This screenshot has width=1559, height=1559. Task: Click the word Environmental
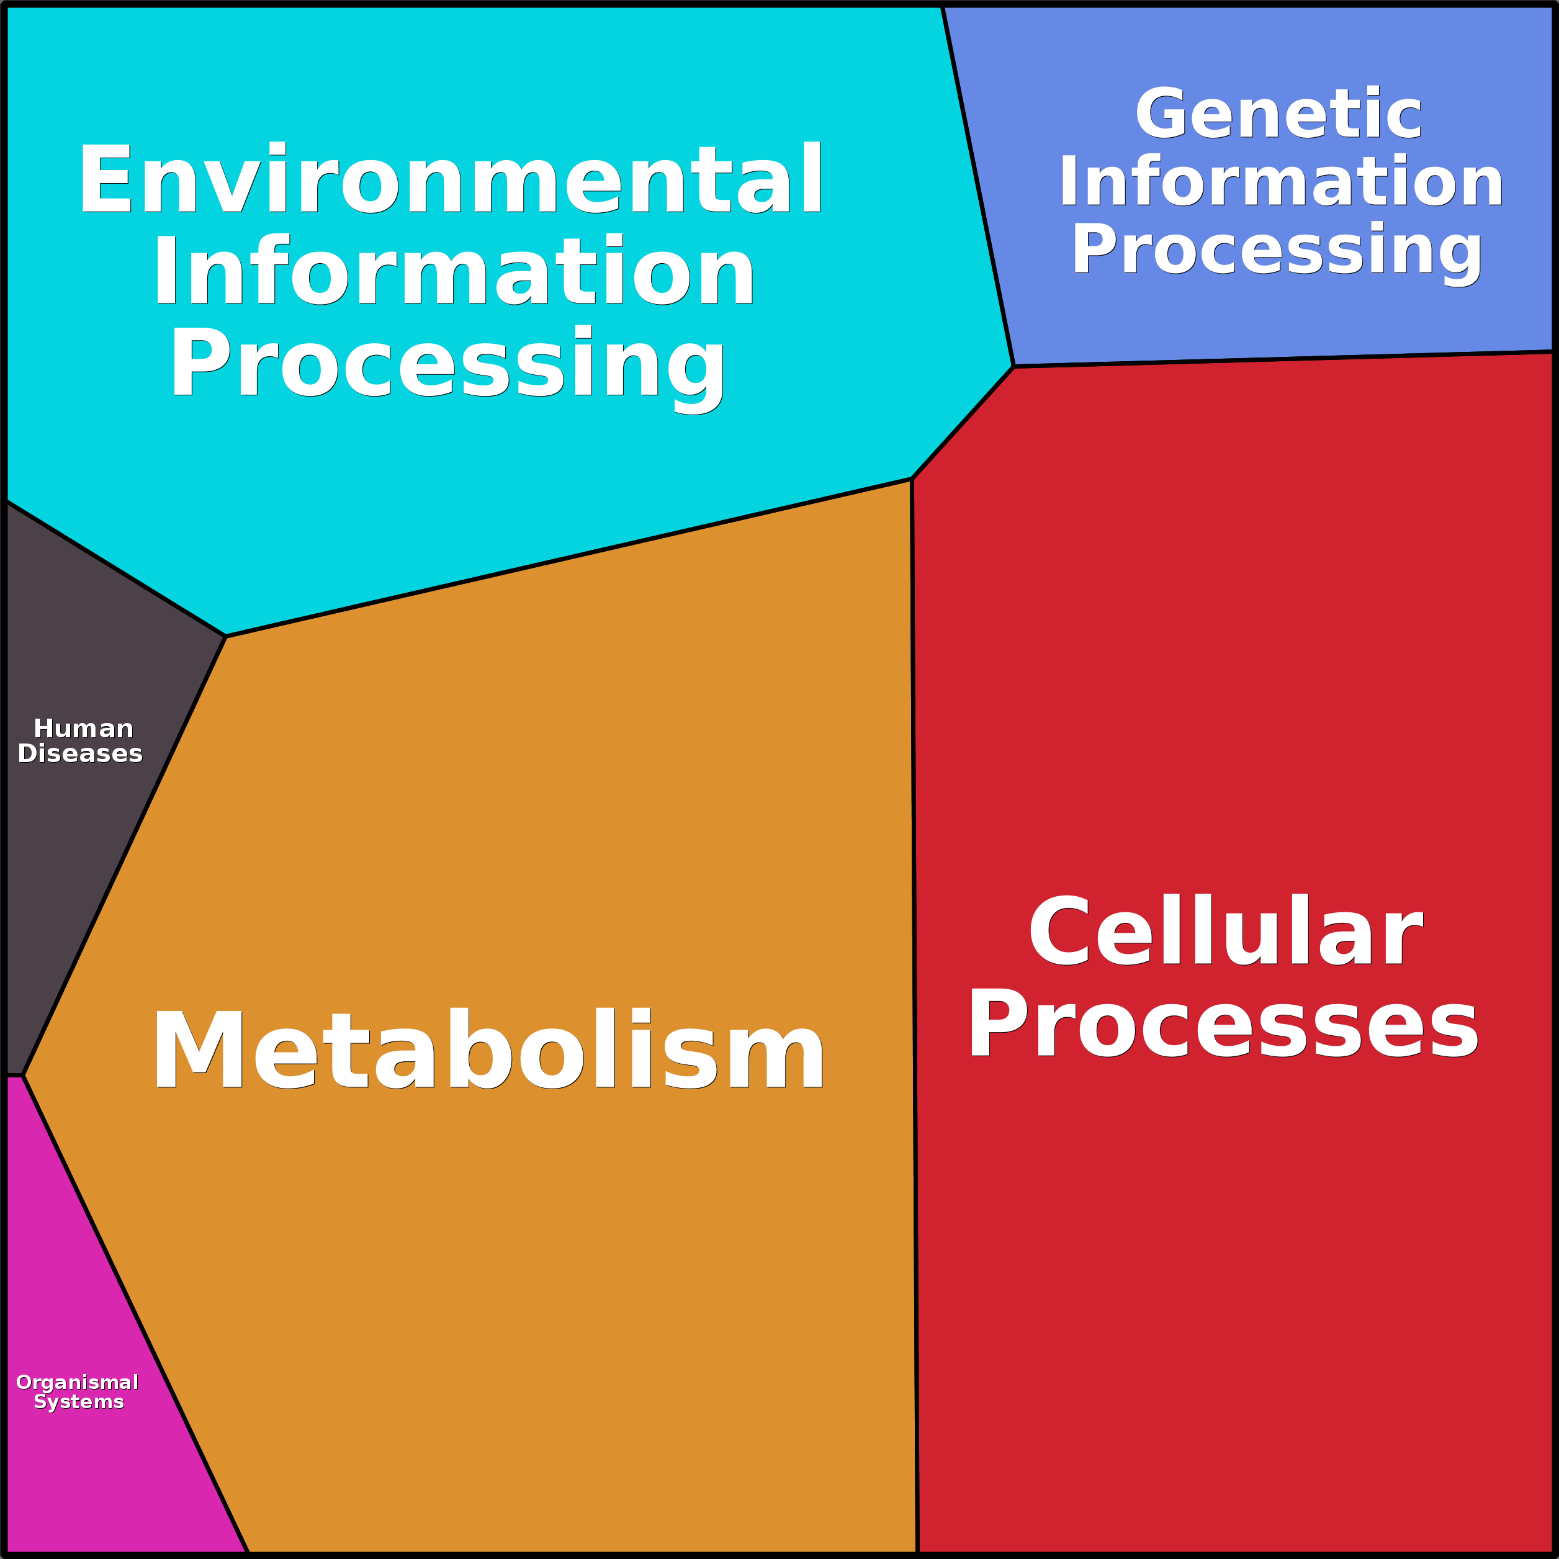[x=451, y=179]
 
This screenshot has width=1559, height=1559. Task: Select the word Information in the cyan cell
[x=454, y=271]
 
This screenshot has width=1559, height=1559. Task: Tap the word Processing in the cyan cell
[x=448, y=365]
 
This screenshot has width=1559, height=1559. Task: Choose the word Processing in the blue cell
[x=1277, y=250]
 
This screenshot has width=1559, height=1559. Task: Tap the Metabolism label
[x=488, y=1052]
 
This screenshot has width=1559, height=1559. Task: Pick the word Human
[x=83, y=729]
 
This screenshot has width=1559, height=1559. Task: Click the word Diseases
[x=80, y=753]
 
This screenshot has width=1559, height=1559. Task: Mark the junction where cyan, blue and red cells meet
[x=1013, y=366]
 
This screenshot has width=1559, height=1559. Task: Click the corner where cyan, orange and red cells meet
[x=912, y=479]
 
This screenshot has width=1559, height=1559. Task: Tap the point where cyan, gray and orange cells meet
[x=226, y=637]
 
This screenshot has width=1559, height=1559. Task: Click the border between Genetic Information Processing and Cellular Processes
[x=1283, y=359]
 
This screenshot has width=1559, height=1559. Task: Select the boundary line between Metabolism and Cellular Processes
[x=914, y=1009]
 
